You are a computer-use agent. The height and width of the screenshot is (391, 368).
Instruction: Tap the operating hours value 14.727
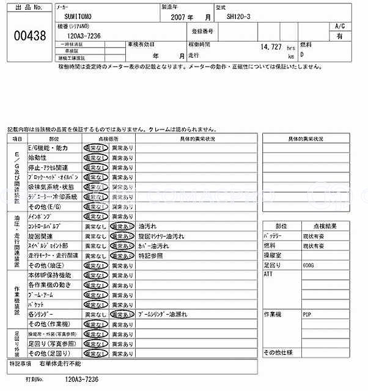click(x=270, y=46)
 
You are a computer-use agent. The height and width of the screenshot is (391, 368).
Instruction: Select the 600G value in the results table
click(x=308, y=266)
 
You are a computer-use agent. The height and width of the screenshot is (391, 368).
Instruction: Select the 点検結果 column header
click(x=318, y=226)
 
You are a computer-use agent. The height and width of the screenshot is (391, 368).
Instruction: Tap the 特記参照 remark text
click(x=151, y=255)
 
